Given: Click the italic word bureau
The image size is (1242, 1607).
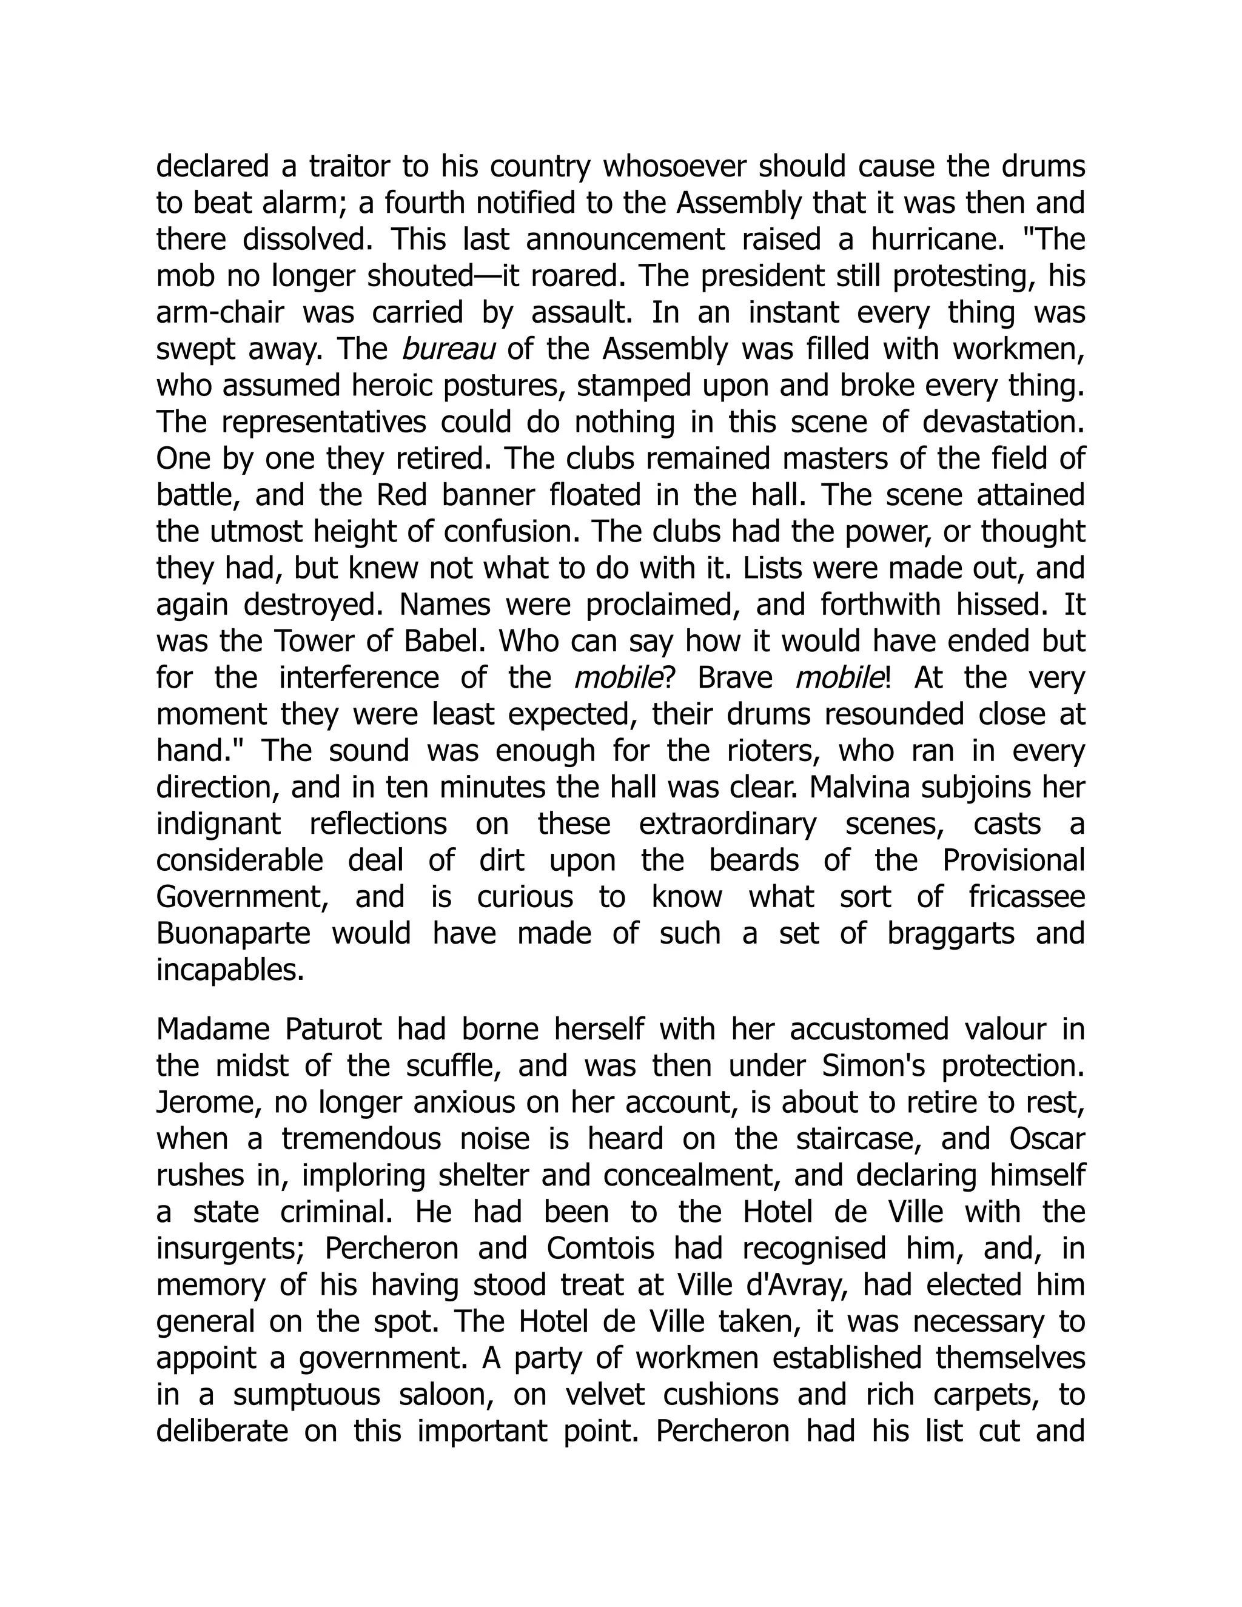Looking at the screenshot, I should [448, 349].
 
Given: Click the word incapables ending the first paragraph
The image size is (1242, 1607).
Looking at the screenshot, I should [230, 970].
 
